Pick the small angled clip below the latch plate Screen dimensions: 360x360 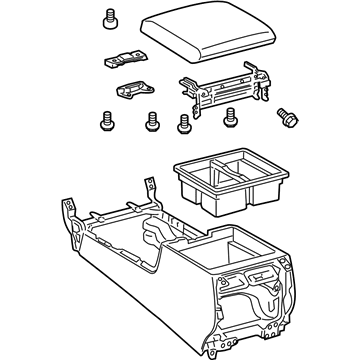click(131, 90)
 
